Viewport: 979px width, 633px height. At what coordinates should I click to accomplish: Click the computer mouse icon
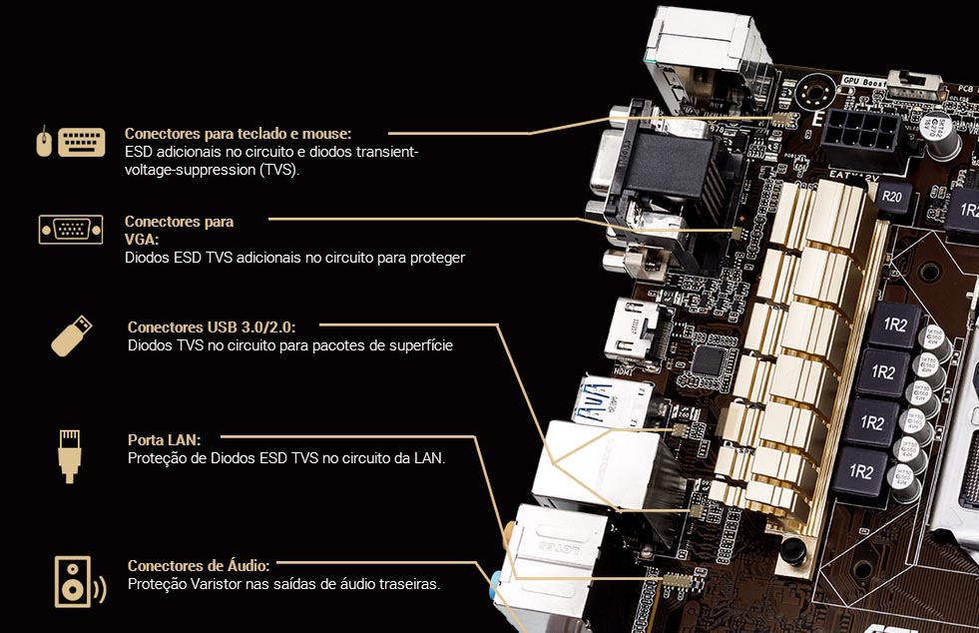pos(43,143)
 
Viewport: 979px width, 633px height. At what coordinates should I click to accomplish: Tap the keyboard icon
pos(81,142)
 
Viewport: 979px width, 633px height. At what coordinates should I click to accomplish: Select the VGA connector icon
pos(71,229)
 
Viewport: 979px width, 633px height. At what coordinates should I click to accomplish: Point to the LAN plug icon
pos(69,454)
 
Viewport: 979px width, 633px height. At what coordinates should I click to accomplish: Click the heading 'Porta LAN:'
pos(164,439)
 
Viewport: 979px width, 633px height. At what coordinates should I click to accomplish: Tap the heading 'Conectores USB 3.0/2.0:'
pos(212,326)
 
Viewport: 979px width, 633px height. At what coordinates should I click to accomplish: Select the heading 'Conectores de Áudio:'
pos(198,565)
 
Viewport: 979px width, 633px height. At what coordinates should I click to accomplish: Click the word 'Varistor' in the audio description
pos(222,583)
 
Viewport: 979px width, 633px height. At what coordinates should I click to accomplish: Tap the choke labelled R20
pos(891,197)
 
